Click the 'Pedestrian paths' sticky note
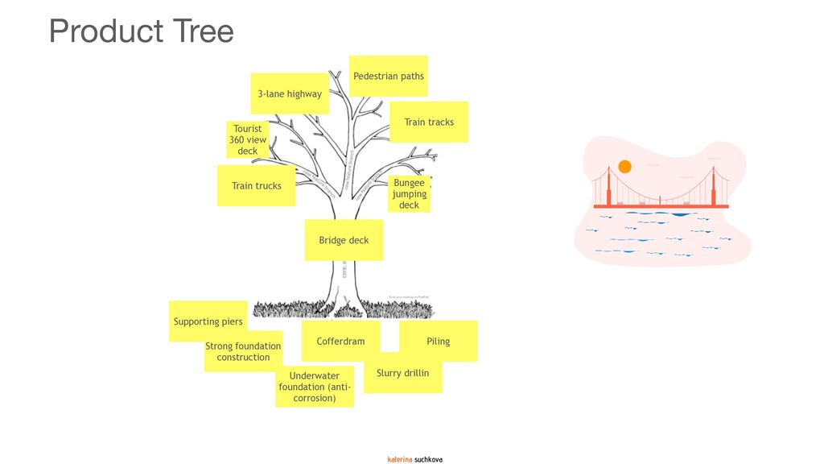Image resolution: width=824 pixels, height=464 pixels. click(x=388, y=76)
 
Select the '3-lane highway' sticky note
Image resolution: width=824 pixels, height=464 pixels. click(x=290, y=93)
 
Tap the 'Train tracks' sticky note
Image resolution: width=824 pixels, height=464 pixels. click(x=429, y=122)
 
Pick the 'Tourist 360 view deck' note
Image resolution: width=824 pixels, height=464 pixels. click(x=248, y=139)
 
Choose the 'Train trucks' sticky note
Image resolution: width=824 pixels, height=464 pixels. click(x=256, y=185)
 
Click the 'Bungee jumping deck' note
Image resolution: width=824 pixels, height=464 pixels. click(x=409, y=194)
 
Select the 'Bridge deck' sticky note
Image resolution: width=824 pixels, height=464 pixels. click(x=344, y=240)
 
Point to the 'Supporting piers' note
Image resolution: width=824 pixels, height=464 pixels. click(x=208, y=321)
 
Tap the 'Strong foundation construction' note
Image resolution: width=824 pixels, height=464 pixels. click(x=243, y=351)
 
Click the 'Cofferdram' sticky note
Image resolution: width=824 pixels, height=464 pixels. click(x=340, y=341)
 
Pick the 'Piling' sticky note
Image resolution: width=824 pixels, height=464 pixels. click(x=439, y=341)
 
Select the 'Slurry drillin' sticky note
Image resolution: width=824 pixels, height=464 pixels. click(x=402, y=373)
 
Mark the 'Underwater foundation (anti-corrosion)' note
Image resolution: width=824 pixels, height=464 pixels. click(x=315, y=387)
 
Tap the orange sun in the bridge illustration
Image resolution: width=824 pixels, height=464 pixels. click(x=624, y=167)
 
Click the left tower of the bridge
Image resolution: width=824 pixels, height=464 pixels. click(x=608, y=188)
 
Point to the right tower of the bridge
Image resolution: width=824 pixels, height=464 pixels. click(x=713, y=188)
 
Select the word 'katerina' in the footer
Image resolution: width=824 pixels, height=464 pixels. click(x=400, y=459)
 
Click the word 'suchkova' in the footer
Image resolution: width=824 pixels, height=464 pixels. click(x=429, y=459)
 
